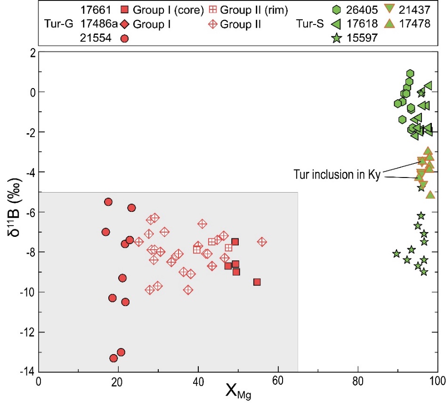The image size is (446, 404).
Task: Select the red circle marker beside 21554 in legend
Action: click(x=124, y=38)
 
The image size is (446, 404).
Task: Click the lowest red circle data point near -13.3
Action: click(x=114, y=358)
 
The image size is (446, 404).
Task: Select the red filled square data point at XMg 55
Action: click(x=257, y=282)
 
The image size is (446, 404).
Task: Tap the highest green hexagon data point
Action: click(x=410, y=73)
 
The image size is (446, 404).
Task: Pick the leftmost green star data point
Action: click(x=397, y=254)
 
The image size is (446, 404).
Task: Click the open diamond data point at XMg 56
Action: click(x=262, y=242)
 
